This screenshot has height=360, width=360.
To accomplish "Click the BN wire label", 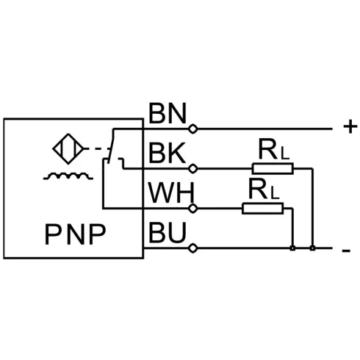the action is point(168,113).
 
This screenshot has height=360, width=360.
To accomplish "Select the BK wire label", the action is point(167,153).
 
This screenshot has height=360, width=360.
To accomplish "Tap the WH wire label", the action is point(171,192).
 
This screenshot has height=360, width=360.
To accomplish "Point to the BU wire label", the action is point(168,232).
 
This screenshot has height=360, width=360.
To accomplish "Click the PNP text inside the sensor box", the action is point(75,234).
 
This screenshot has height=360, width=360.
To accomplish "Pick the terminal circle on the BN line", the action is point(193,129).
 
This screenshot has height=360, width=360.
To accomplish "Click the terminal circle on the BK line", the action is point(193,168).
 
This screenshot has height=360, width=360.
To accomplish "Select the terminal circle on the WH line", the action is point(193,209).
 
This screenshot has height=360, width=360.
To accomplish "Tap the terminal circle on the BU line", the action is point(193,248).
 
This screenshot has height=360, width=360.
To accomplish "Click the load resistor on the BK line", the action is point(273,168).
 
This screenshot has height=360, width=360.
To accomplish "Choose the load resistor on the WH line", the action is point(263,209).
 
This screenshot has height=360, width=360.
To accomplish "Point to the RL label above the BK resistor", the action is point(274,150).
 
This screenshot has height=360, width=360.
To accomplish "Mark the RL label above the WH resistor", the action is point(264,189).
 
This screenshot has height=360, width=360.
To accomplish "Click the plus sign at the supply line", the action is point(350,127).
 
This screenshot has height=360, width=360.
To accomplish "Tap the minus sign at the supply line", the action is point(346,251).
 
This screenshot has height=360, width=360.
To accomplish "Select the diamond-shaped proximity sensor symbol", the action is point(68,148).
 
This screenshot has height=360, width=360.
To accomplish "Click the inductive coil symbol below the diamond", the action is point(68,176).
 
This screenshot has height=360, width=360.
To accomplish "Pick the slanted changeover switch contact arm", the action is point(112,145).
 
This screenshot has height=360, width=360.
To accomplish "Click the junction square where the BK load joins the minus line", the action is point(312,248).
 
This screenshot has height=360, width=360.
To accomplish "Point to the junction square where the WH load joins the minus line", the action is point(292,248).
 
